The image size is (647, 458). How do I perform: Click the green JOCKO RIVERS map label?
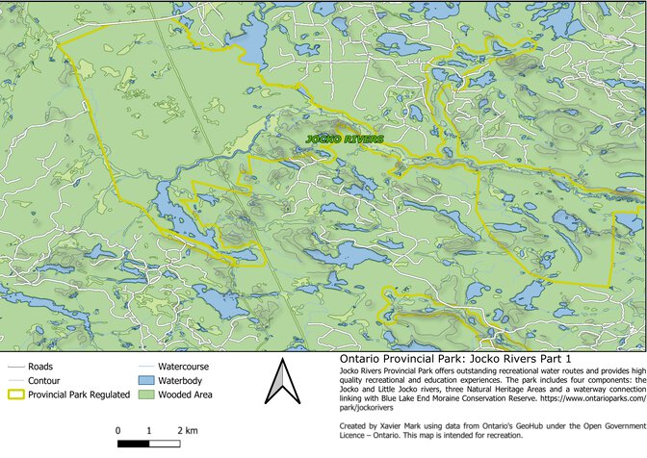[x=345, y=140]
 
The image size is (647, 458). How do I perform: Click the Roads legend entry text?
[x=40, y=367]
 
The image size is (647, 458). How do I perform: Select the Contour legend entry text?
[x=45, y=380]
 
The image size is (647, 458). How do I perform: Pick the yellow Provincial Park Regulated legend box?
[x=14, y=394]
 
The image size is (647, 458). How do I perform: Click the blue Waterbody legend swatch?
[x=144, y=380]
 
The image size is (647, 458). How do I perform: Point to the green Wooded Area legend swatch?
[x=144, y=394]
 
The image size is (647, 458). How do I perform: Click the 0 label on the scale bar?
[x=117, y=430]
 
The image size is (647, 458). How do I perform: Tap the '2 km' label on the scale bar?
[x=188, y=430]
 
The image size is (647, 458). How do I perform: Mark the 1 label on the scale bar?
[x=149, y=430]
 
